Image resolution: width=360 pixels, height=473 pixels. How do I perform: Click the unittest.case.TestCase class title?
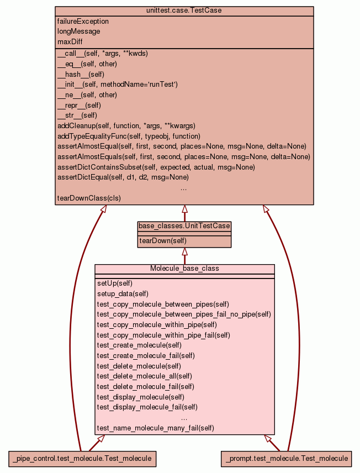coord(184,11)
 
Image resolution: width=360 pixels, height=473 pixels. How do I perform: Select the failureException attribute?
coord(83,22)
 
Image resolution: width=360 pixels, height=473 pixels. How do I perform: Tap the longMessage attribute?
coord(79,31)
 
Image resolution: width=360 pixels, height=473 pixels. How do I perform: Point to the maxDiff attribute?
coord(70,42)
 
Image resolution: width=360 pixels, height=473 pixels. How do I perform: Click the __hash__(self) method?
coord(81,74)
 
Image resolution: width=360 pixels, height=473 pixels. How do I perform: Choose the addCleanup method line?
coord(126,126)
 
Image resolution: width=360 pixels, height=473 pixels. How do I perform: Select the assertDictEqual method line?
coord(123,177)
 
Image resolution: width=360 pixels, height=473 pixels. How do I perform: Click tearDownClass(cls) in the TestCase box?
coord(89,198)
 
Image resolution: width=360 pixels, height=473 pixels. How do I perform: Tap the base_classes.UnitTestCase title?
coord(184,226)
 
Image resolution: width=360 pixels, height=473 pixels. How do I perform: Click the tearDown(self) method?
coord(163,241)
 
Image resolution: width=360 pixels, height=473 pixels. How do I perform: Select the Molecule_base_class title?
coord(184,269)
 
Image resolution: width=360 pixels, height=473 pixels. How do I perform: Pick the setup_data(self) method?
coord(123,294)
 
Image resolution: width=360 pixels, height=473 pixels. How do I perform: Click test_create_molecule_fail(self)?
coord(146,355)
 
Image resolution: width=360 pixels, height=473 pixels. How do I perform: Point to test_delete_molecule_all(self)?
coord(145,376)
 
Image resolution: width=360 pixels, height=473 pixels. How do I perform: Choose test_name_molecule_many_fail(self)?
coord(155,428)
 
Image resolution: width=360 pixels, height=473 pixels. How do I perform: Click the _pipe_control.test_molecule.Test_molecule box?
coord(82,458)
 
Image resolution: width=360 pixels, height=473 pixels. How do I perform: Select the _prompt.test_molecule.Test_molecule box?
coord(286,458)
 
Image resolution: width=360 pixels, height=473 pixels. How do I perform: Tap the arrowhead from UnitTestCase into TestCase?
coord(184,209)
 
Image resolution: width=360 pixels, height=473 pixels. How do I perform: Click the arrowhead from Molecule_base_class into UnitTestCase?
coord(184,252)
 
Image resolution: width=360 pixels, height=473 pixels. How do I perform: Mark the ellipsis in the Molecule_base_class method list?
coord(184,418)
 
